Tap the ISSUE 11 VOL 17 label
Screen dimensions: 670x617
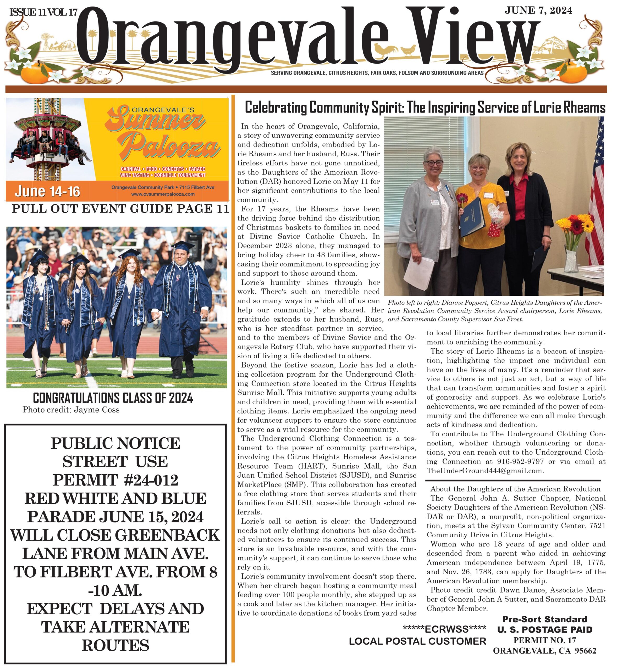coord(44,13)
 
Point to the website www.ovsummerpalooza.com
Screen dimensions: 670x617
coord(163,194)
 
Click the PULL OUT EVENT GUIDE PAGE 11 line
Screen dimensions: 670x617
coord(120,209)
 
